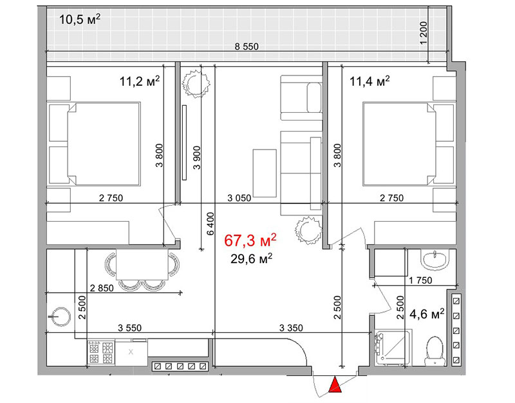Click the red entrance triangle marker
coord(335,385)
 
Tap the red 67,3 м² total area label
coord(250,241)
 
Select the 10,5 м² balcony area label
coord(80,20)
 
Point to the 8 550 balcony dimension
coord(247,46)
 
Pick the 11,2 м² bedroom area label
coord(140,81)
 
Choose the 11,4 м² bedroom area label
coord(370,81)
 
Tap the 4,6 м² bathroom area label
coord(427,314)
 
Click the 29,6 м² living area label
coord(251,259)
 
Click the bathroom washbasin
coord(435,260)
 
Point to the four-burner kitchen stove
coord(101,353)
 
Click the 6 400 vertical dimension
coord(211,224)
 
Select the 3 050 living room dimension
coord(239,198)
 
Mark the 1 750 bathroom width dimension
coord(420,280)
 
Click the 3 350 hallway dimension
coord(291,328)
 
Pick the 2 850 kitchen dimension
coord(102,288)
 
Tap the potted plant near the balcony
coord(196,84)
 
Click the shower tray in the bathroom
coord(393,347)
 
